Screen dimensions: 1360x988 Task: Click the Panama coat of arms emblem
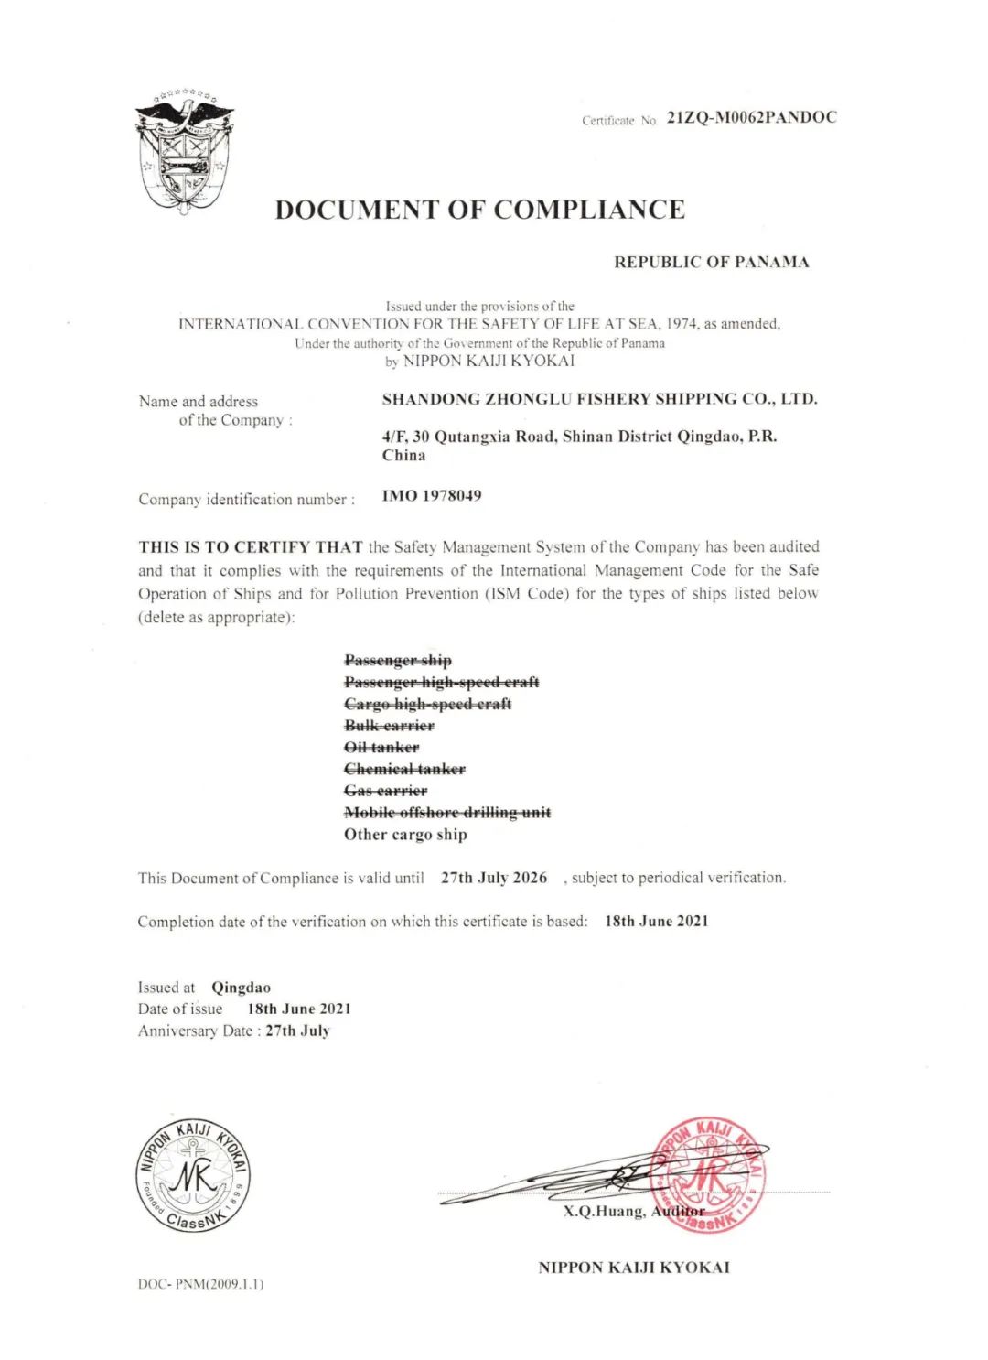click(x=185, y=153)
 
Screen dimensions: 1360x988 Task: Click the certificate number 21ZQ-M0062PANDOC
click(x=751, y=117)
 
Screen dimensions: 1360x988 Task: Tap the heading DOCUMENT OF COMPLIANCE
click(x=479, y=210)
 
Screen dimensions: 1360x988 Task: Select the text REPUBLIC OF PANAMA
click(x=711, y=263)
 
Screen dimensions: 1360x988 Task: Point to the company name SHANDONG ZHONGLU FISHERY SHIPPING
click(x=599, y=399)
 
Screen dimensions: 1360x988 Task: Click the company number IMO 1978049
click(x=432, y=496)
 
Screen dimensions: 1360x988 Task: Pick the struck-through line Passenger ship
click(x=398, y=661)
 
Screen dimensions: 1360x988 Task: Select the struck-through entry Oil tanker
click(x=381, y=748)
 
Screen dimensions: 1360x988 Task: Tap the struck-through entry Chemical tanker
click(x=404, y=770)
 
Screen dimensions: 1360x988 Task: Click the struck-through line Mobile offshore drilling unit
click(x=447, y=813)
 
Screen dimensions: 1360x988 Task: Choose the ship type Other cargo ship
click(x=405, y=835)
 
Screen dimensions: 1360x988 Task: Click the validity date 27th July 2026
click(x=494, y=878)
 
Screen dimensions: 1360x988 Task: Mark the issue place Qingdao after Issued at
click(x=241, y=988)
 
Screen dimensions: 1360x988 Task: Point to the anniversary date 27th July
click(x=297, y=1031)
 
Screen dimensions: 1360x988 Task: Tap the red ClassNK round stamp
click(x=707, y=1174)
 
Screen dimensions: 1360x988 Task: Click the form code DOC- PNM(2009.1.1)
click(x=200, y=1284)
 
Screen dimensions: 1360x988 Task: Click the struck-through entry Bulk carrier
click(x=389, y=726)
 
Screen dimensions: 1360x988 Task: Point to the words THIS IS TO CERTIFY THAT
click(x=251, y=547)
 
